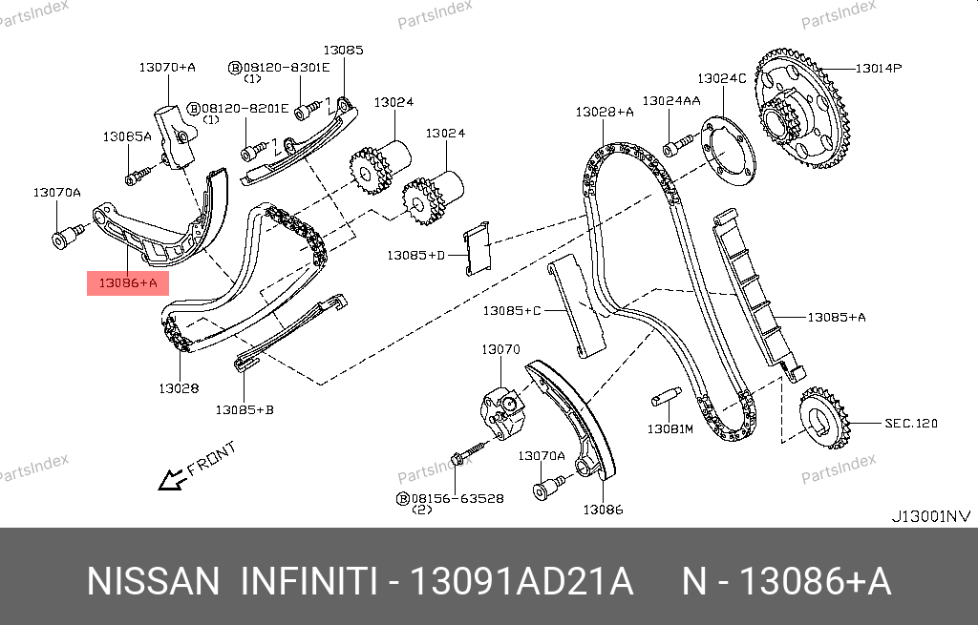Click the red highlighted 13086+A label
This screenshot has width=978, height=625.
point(128,282)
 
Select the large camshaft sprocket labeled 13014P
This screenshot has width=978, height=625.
point(802,113)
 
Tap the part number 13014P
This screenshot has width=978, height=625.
point(878,69)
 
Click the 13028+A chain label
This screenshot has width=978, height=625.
point(604,112)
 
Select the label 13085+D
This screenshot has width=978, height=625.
point(416,255)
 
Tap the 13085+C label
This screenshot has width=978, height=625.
point(511,310)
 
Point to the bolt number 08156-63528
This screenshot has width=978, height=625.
point(457,498)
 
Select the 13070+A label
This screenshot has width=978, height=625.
point(167,67)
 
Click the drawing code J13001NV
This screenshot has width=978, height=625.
point(929,516)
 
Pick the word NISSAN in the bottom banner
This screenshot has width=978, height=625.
point(153,581)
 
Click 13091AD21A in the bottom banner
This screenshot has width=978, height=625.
point(521,581)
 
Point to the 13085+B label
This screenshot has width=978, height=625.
point(244,409)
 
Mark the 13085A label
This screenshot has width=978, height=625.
point(127,137)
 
